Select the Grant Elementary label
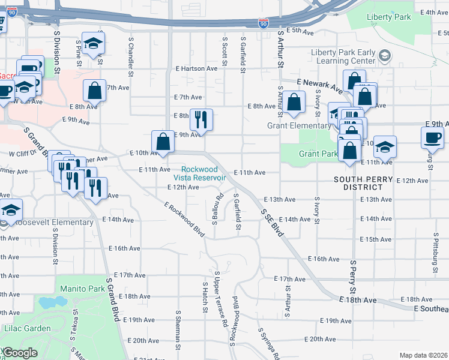299,126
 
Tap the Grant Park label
317,154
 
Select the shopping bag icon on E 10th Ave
163,142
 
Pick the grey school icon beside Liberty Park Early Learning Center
385,56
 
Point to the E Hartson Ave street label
195,68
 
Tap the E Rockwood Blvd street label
185,218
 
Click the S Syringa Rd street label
268,344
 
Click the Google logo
20,353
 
